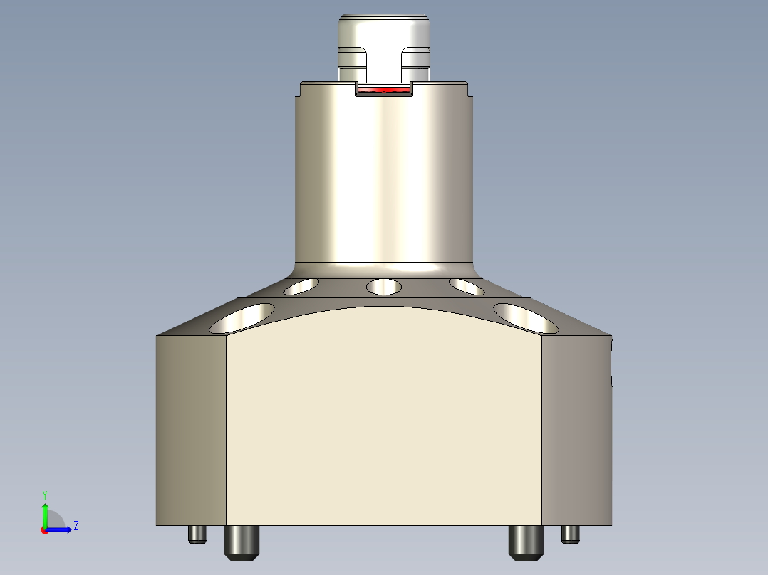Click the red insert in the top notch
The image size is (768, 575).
(x=385, y=90)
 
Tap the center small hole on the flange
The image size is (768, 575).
(x=383, y=287)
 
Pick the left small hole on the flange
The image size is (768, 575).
(x=301, y=287)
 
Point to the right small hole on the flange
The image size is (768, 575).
(x=467, y=286)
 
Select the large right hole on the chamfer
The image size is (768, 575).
(x=526, y=317)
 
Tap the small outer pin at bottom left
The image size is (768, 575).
(x=197, y=534)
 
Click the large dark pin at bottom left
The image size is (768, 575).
(x=243, y=542)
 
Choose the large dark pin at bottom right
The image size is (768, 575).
(x=526, y=542)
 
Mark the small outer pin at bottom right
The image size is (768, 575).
(x=571, y=534)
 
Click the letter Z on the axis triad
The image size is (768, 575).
(x=76, y=526)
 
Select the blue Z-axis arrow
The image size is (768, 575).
(x=60, y=529)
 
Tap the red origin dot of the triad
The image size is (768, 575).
(x=44, y=530)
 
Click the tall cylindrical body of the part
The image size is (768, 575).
(x=385, y=178)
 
